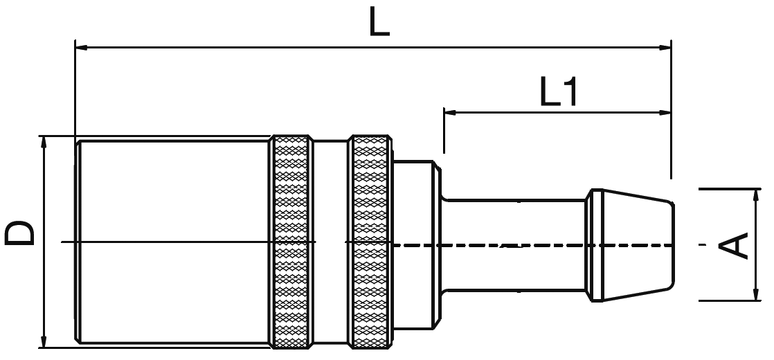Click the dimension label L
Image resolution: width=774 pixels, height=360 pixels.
tap(379, 22)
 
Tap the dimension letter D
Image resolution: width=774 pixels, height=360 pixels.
tap(20, 235)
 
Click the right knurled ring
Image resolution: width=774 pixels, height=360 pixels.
tap(370, 242)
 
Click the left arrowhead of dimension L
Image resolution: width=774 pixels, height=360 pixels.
tap(80, 47)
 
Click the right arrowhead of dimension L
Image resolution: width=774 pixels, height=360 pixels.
tap(666, 47)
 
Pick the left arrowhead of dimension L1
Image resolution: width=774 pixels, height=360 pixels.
tap(449, 111)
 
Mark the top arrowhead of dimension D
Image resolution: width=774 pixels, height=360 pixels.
tap(44, 141)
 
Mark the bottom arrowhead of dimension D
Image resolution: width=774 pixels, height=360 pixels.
tap(44, 343)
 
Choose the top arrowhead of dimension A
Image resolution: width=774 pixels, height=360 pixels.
tap(753, 194)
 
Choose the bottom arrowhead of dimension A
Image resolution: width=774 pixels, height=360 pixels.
tap(753, 296)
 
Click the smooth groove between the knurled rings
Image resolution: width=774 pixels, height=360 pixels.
tap(330, 242)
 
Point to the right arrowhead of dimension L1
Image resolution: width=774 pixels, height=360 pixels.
tap(666, 111)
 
